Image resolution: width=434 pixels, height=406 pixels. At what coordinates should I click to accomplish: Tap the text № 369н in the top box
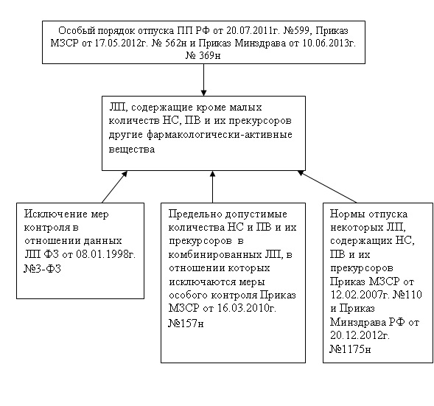pos(203,55)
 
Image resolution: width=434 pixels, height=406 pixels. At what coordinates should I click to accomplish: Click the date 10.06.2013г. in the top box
pos(329,43)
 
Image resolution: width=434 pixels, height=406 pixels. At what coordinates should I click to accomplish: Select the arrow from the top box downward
pos(203,80)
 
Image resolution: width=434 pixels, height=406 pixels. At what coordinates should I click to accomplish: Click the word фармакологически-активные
pos(220,135)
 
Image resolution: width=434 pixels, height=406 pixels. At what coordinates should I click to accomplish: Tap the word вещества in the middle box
pos(132,150)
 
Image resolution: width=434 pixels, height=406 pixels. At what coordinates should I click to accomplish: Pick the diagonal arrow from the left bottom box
pos(115,187)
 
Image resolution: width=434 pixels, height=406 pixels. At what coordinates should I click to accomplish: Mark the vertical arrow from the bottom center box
pos(212,187)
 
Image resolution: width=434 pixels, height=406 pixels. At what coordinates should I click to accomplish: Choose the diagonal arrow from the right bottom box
pos(327,186)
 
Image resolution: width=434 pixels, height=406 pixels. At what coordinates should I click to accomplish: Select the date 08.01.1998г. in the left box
pos(105,254)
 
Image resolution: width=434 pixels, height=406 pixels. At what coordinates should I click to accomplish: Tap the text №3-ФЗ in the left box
pos(42,268)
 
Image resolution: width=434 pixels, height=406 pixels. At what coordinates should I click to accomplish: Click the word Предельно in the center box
pos(195,214)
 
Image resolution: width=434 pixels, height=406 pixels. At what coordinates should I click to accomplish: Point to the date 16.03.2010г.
pos(246,308)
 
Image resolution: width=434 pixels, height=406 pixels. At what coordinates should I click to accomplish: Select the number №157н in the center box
pos(186,323)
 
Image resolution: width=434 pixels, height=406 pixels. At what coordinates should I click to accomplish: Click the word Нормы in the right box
pos(347,214)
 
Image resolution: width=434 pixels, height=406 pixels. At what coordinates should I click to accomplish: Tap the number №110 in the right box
pos(407,294)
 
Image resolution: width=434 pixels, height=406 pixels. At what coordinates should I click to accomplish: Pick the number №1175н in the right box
pos(350,349)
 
